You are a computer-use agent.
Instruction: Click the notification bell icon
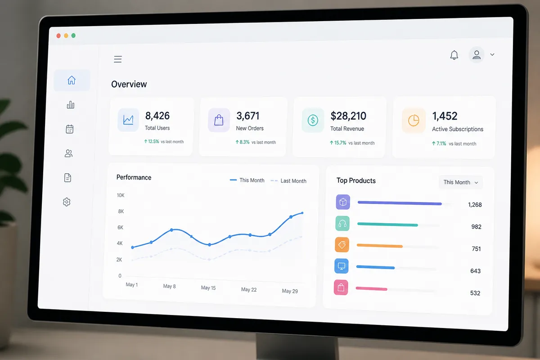point(454,55)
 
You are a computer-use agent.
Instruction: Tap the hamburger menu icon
point(118,59)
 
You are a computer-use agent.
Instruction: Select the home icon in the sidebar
point(72,80)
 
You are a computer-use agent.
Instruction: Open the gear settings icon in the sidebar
point(67,202)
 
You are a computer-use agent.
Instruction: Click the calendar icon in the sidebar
point(70,129)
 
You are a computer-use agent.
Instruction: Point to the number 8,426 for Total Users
point(157,116)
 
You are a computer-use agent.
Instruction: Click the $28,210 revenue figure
point(348,116)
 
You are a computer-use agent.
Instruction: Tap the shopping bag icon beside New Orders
point(219,120)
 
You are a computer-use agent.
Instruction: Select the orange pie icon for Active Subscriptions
point(414,120)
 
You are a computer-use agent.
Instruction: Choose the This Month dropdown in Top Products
point(460,182)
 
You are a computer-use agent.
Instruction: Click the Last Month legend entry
point(288,181)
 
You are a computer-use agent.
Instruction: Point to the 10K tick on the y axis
point(121,195)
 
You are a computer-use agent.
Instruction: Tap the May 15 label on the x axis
point(208,288)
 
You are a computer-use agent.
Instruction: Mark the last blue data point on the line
point(302,213)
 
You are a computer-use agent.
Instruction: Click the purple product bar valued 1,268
point(400,203)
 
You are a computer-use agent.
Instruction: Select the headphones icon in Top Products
point(342,224)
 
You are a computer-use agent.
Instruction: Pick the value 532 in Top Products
point(475,293)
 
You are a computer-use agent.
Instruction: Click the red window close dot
point(58,36)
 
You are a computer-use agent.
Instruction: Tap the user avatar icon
point(477,55)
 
